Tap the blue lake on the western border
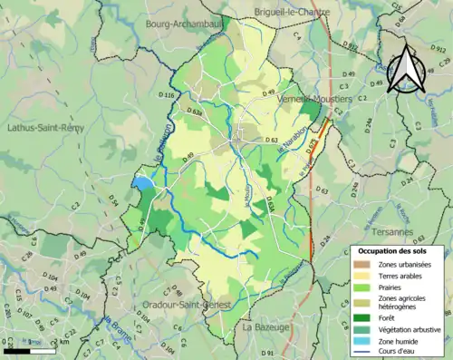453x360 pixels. (x=143, y=184)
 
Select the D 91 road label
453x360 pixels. (x=267, y=352)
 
